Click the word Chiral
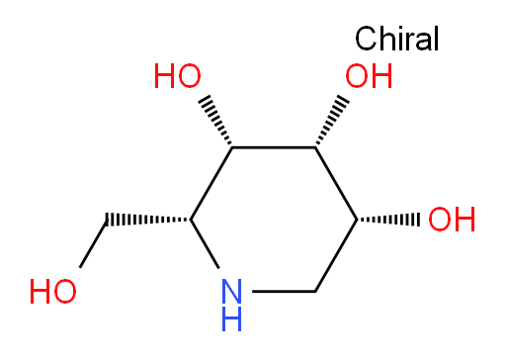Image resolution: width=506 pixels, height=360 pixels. [397, 39]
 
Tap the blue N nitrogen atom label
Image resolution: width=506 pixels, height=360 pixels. [231, 292]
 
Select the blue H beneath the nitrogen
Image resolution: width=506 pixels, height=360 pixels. [231, 318]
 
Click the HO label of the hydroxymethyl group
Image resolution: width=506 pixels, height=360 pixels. [52, 292]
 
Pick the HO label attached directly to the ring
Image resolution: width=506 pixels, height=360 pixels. [177, 76]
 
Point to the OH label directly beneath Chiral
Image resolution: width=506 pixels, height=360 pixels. [369, 76]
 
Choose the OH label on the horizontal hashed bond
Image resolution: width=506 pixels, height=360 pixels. [452, 220]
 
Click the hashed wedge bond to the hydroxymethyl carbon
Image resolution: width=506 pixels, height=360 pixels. [148, 220]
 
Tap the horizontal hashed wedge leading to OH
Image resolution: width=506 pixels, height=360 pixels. [388, 220]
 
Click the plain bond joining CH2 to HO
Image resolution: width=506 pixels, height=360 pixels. [93, 243]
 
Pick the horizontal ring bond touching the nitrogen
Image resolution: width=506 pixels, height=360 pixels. [284, 292]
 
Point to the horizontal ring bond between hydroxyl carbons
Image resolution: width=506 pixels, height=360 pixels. [274, 147]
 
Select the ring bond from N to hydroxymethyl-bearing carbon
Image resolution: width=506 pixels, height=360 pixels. [205, 244]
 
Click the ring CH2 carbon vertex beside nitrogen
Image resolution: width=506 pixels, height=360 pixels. [315, 292]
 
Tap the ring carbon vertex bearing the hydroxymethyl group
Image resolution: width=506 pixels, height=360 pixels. [191, 220]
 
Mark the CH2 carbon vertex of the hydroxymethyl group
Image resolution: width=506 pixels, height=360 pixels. [108, 220]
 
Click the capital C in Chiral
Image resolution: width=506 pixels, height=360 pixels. [367, 39]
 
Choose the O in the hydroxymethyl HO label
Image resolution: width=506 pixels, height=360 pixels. [64, 292]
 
